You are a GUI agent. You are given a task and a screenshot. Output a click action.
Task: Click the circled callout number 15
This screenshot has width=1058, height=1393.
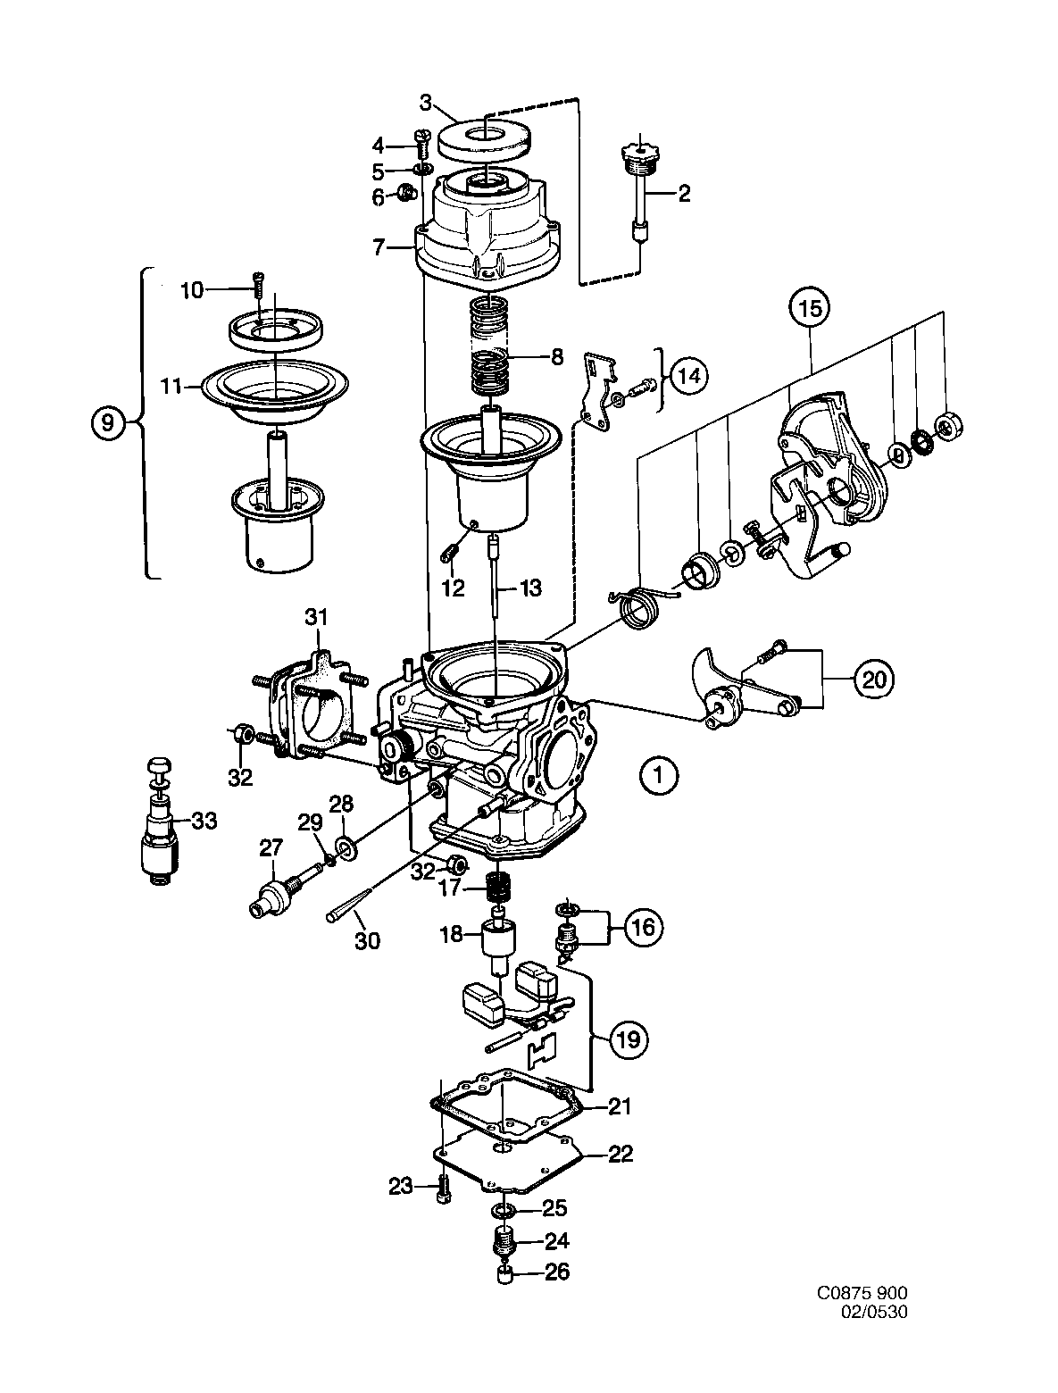pos(809,310)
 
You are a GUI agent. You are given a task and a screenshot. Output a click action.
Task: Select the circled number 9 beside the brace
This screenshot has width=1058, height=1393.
pos(107,423)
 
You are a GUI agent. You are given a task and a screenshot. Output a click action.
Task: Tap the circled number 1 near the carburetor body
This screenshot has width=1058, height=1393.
pos(659,775)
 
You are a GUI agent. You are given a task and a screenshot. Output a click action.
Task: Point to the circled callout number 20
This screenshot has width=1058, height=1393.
pos(874,680)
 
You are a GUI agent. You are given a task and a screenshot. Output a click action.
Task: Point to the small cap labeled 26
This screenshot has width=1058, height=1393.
pos(504,1273)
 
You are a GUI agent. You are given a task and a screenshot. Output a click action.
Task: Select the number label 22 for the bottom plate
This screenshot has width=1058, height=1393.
pos(621,1155)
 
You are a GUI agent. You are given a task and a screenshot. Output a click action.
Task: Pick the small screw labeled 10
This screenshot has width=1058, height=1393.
pos(259,287)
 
